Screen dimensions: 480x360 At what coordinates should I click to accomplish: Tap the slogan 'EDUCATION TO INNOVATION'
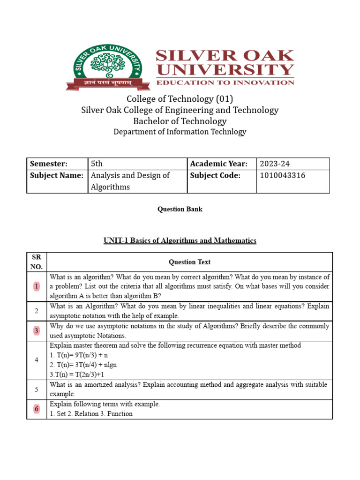tap(225, 82)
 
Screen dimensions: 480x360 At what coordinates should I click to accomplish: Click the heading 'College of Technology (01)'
tap(180, 99)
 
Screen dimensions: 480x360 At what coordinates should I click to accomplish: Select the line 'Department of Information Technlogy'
tap(180, 132)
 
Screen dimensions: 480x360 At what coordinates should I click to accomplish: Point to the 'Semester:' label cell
tap(49, 164)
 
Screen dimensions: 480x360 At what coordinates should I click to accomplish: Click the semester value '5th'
tap(97, 164)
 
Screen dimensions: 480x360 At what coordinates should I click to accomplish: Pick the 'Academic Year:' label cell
tap(218, 164)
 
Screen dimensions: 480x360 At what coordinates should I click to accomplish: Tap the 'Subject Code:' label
tap(215, 175)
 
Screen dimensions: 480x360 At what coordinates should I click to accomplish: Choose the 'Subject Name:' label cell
tap(57, 175)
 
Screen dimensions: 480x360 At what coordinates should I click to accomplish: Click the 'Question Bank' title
tap(180, 209)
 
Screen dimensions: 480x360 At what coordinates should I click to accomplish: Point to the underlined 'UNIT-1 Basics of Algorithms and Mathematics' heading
tap(180, 240)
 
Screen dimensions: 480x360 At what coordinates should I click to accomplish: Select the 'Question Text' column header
tap(190, 262)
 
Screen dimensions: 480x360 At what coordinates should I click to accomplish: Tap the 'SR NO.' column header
tap(37, 262)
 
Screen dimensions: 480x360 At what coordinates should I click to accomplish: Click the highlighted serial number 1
tap(37, 286)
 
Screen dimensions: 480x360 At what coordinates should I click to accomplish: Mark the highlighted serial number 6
tap(37, 409)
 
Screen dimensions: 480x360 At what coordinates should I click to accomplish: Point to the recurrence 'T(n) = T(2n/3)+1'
tap(78, 375)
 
